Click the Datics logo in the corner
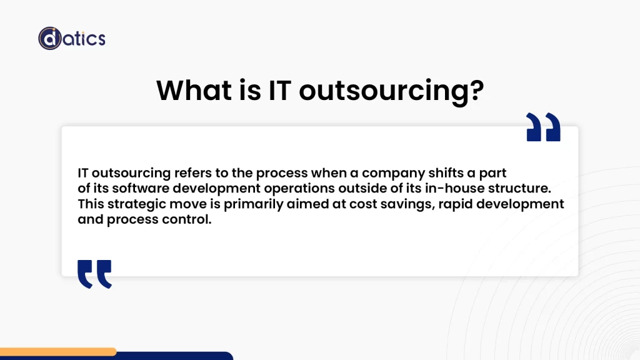pos(71,38)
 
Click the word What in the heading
pos(192,90)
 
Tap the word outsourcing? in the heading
pos(391,91)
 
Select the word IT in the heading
pos(279,90)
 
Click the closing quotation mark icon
pos(543,127)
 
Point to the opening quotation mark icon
pos(94,274)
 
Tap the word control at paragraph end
pos(188,220)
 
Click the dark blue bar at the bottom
pos(175,356)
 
